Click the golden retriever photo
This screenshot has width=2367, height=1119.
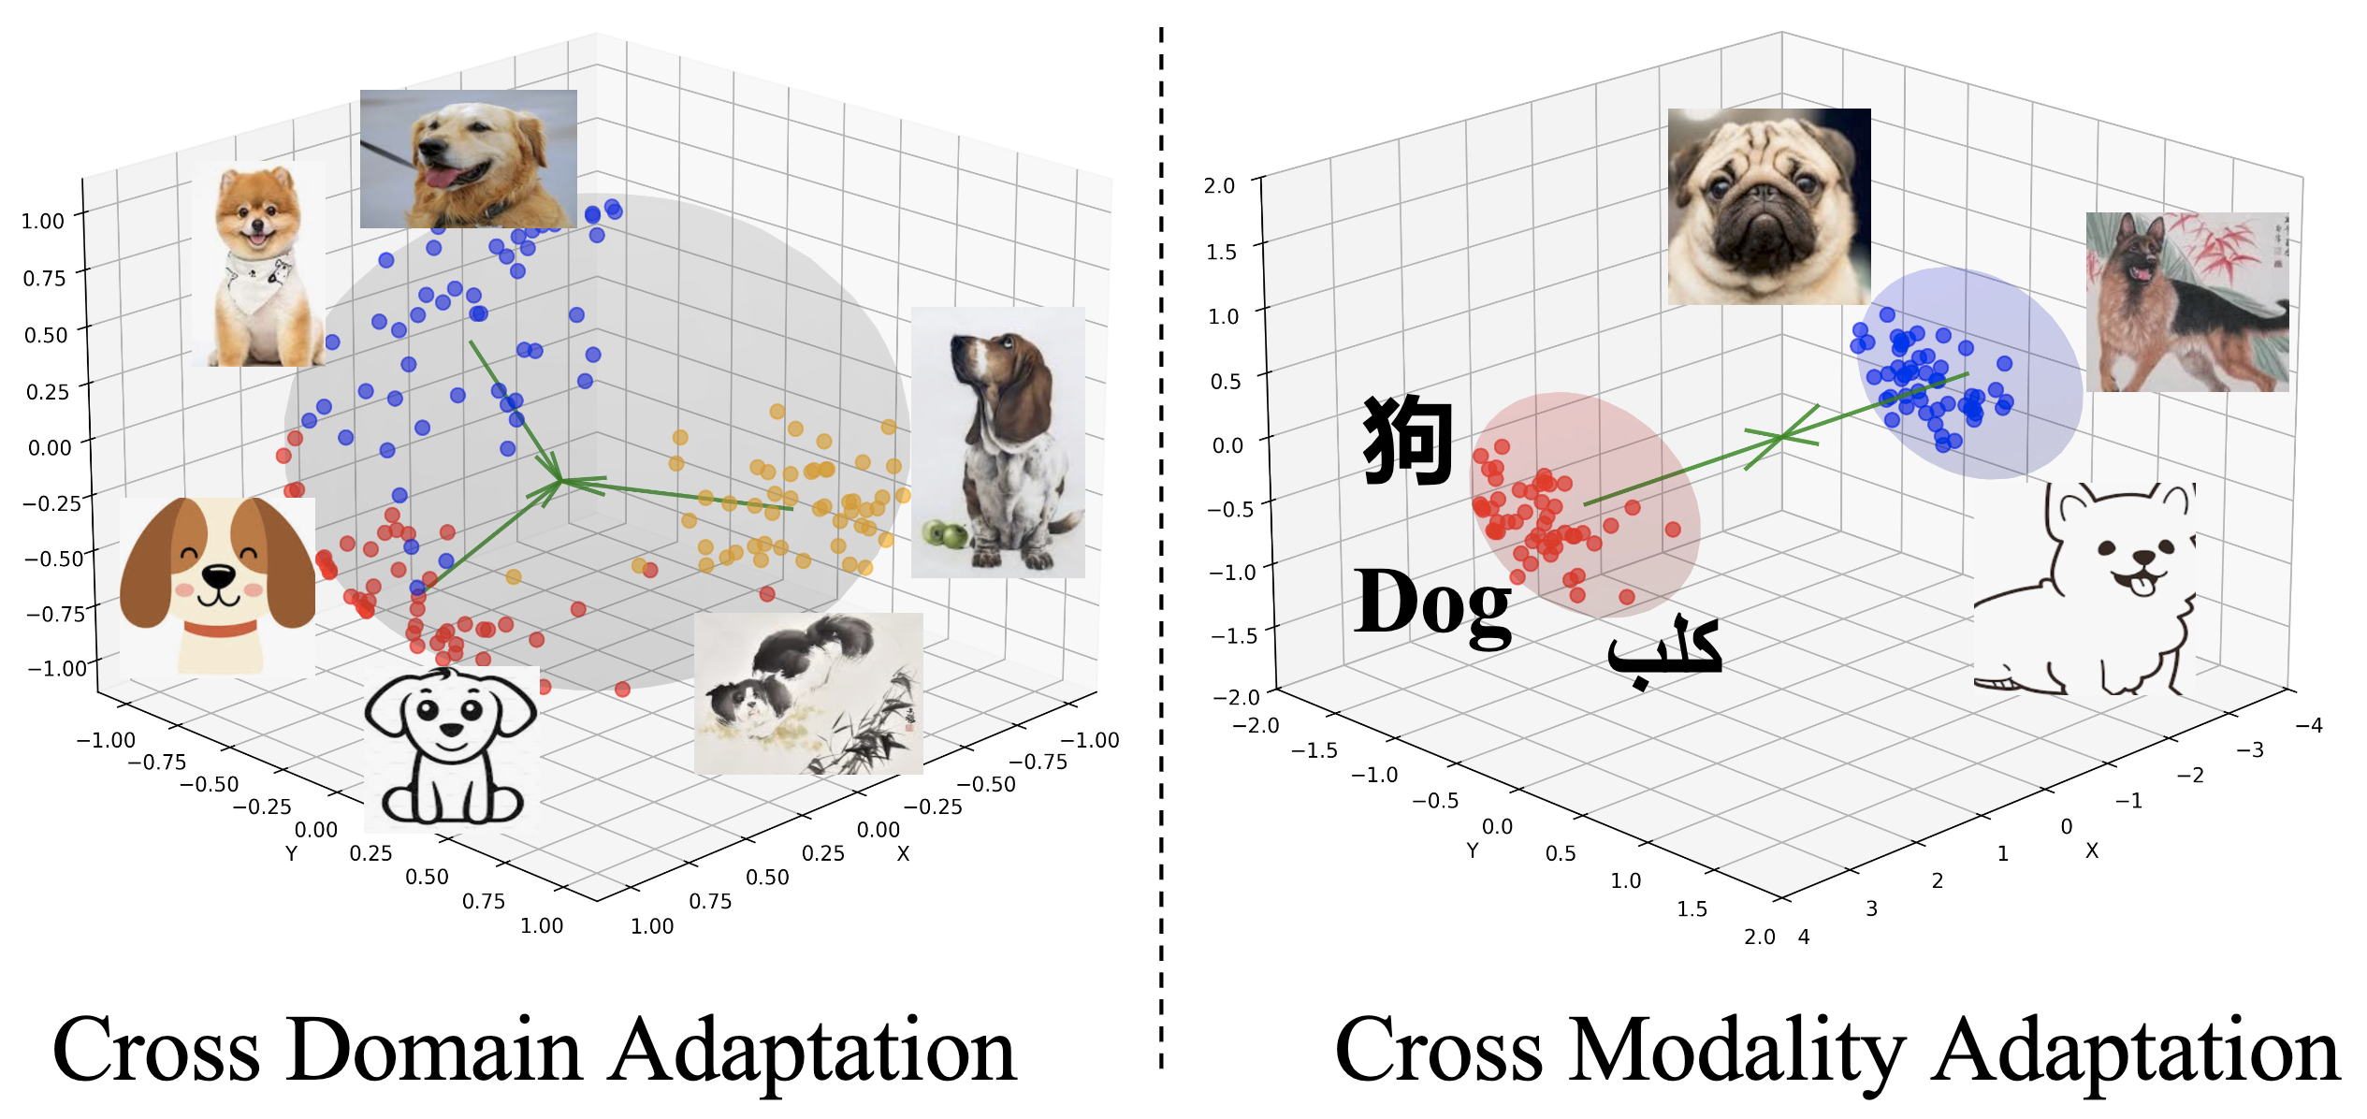[x=468, y=159]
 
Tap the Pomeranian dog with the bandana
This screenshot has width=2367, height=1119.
[x=259, y=264]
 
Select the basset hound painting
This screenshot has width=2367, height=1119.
[x=997, y=442]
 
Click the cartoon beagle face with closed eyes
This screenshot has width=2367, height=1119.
[x=217, y=586]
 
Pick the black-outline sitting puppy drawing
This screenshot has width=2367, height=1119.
[x=451, y=748]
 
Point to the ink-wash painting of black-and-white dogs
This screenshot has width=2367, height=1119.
[x=808, y=693]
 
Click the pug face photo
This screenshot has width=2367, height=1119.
[x=1768, y=206]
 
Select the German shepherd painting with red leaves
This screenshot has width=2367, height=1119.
[x=2186, y=301]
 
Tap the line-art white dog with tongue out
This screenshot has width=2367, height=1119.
[x=2084, y=589]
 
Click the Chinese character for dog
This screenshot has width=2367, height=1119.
[x=1407, y=440]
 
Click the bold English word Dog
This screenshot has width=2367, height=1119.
[x=1431, y=603]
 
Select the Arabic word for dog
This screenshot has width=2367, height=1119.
[x=1664, y=648]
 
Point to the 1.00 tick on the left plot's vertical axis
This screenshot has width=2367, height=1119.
[x=43, y=222]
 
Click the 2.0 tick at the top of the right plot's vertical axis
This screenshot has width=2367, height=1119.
[x=1219, y=186]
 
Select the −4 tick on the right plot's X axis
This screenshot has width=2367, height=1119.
[x=2309, y=725]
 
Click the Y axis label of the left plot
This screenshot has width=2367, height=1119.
[x=291, y=853]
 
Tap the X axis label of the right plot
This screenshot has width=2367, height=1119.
[x=2092, y=850]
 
